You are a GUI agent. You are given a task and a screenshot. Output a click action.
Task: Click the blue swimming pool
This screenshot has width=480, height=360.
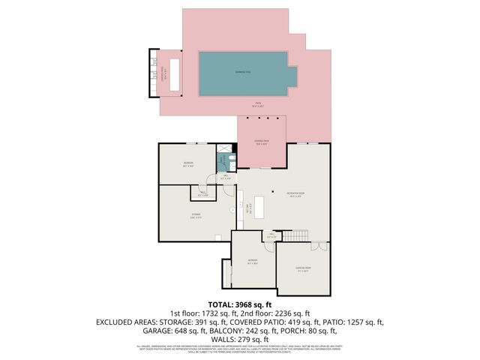click(x=243, y=73)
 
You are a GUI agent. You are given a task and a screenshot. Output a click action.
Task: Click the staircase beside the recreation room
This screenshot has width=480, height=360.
click(x=298, y=235)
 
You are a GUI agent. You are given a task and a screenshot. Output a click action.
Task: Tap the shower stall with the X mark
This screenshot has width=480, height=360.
click(x=223, y=148)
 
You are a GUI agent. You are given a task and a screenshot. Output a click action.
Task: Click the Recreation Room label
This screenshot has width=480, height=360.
click(x=294, y=195)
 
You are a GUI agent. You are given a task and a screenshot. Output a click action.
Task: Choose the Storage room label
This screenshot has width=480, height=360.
click(x=195, y=215)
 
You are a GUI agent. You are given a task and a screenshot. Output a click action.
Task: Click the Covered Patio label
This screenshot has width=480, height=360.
click(x=261, y=144)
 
